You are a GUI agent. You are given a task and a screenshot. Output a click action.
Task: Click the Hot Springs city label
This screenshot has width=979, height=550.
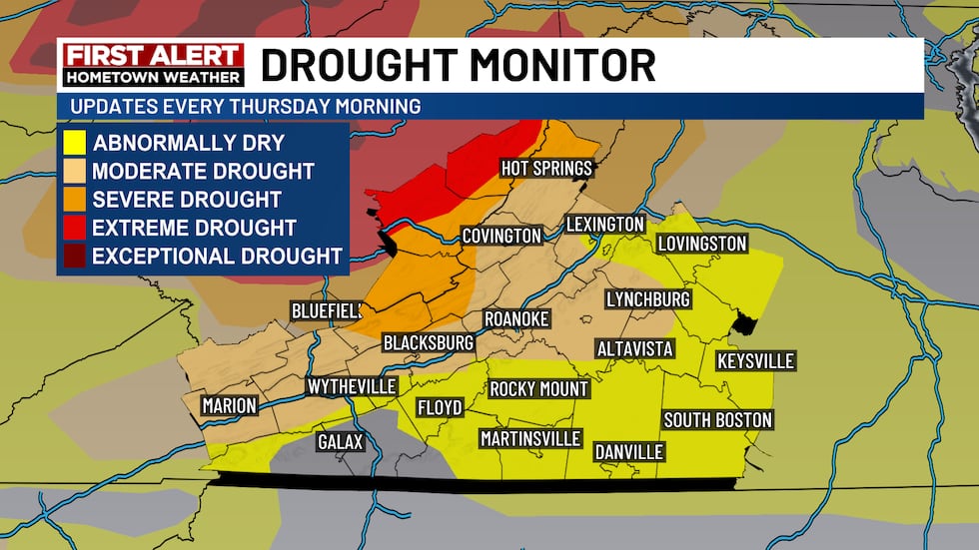[x=546, y=168]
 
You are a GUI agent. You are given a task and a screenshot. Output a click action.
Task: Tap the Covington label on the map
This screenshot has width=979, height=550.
[x=501, y=236]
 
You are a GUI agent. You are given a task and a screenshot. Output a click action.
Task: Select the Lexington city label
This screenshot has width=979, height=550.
[x=605, y=224]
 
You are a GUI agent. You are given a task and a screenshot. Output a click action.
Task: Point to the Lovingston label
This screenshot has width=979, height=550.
[x=701, y=244]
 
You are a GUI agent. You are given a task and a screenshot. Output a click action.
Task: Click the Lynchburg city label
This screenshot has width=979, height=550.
[x=648, y=298]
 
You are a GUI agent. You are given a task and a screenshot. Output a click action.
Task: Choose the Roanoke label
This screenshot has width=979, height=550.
[x=516, y=317]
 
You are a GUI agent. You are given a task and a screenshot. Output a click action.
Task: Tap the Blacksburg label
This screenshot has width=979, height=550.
[x=429, y=342]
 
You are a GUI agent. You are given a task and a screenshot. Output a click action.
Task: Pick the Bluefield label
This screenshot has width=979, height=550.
[x=326, y=310]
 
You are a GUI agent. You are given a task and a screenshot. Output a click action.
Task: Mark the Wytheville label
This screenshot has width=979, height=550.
[x=352, y=385]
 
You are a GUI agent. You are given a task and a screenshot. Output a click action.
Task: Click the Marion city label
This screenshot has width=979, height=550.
[x=229, y=405]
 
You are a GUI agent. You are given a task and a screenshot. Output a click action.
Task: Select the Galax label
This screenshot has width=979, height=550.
[x=341, y=441]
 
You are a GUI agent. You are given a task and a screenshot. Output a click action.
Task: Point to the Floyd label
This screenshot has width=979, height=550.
[x=440, y=407]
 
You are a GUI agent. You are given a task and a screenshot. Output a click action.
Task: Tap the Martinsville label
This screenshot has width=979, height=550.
[x=530, y=438]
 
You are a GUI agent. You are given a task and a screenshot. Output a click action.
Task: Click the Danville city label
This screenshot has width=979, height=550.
[x=629, y=451]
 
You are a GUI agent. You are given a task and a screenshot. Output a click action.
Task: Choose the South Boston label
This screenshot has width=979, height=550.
[x=717, y=419]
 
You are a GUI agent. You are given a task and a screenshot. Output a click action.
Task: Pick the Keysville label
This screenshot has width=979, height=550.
[x=755, y=360]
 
